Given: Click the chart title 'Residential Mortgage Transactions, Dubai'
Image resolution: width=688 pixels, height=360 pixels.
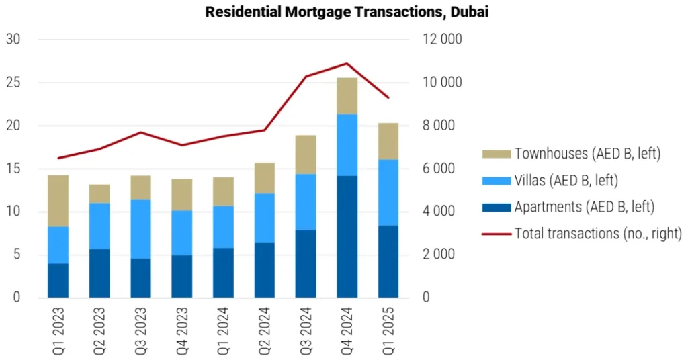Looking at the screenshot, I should click(347, 12).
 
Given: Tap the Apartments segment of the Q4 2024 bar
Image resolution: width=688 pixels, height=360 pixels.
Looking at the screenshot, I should click(347, 236).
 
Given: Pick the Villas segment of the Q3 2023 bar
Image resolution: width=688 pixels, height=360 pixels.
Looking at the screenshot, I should click(140, 229).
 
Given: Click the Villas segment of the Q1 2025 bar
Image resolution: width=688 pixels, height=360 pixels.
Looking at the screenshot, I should click(388, 192).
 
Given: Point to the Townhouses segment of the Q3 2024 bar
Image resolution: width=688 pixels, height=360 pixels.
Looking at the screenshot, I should click(306, 154).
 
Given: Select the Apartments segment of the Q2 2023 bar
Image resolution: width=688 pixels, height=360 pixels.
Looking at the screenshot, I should click(99, 273).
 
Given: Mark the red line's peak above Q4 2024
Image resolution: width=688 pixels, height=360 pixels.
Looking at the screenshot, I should click(347, 64).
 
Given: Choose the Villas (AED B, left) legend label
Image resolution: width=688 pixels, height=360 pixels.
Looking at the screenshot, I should click(566, 181).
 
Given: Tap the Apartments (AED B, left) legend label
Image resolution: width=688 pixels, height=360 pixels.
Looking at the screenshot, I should click(584, 207).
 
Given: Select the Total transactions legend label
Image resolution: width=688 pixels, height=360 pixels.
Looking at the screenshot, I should click(597, 234).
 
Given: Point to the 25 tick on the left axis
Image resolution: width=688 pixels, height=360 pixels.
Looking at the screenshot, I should click(13, 83).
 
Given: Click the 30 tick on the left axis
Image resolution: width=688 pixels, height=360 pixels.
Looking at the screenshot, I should click(13, 40).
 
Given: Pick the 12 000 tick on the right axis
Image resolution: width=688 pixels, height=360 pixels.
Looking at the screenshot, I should click(441, 40).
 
